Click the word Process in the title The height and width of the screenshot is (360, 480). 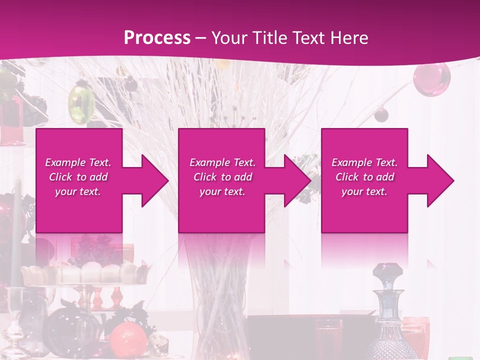(x=157, y=37)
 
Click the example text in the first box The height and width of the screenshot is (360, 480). (x=78, y=177)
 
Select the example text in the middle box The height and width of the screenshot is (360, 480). (x=222, y=177)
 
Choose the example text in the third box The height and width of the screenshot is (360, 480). (x=364, y=177)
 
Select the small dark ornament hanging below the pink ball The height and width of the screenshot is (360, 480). (x=381, y=115)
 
